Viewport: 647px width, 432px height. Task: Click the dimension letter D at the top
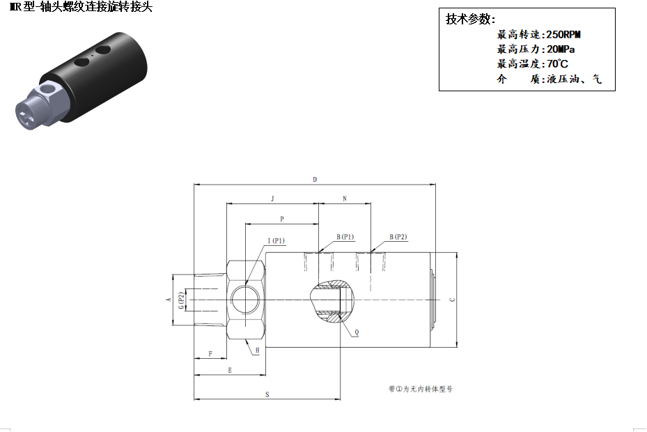(315, 180)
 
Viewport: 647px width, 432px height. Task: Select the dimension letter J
(272, 199)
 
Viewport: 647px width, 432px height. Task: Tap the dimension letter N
(345, 199)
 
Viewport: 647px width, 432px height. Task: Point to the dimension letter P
(282, 219)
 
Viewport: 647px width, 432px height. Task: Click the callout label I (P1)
(276, 241)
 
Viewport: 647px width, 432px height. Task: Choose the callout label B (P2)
(398, 237)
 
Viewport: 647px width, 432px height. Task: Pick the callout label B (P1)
(345, 237)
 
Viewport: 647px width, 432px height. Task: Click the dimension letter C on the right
(452, 300)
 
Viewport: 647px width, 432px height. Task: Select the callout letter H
(257, 350)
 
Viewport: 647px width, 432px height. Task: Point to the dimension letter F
(210, 354)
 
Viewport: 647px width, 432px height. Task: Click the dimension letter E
(230, 370)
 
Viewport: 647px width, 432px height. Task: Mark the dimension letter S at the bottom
(267, 394)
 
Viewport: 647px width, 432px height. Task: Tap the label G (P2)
(181, 300)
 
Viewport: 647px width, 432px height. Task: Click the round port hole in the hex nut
(246, 298)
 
